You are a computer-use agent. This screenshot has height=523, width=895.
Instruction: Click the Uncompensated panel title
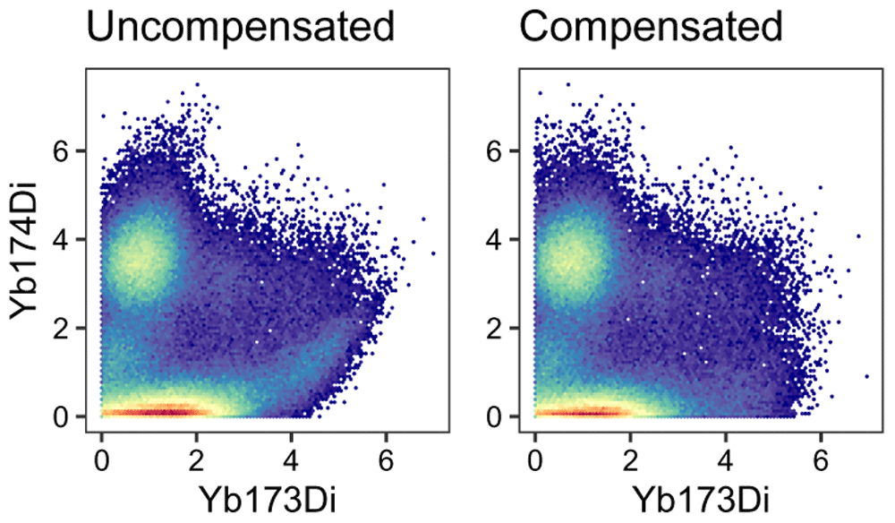(241, 29)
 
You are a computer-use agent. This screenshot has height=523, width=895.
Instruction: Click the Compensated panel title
(652, 29)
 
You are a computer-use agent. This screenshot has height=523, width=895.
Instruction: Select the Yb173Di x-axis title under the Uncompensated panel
(244, 495)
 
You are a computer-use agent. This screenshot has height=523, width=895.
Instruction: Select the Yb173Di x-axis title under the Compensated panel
(678, 495)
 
